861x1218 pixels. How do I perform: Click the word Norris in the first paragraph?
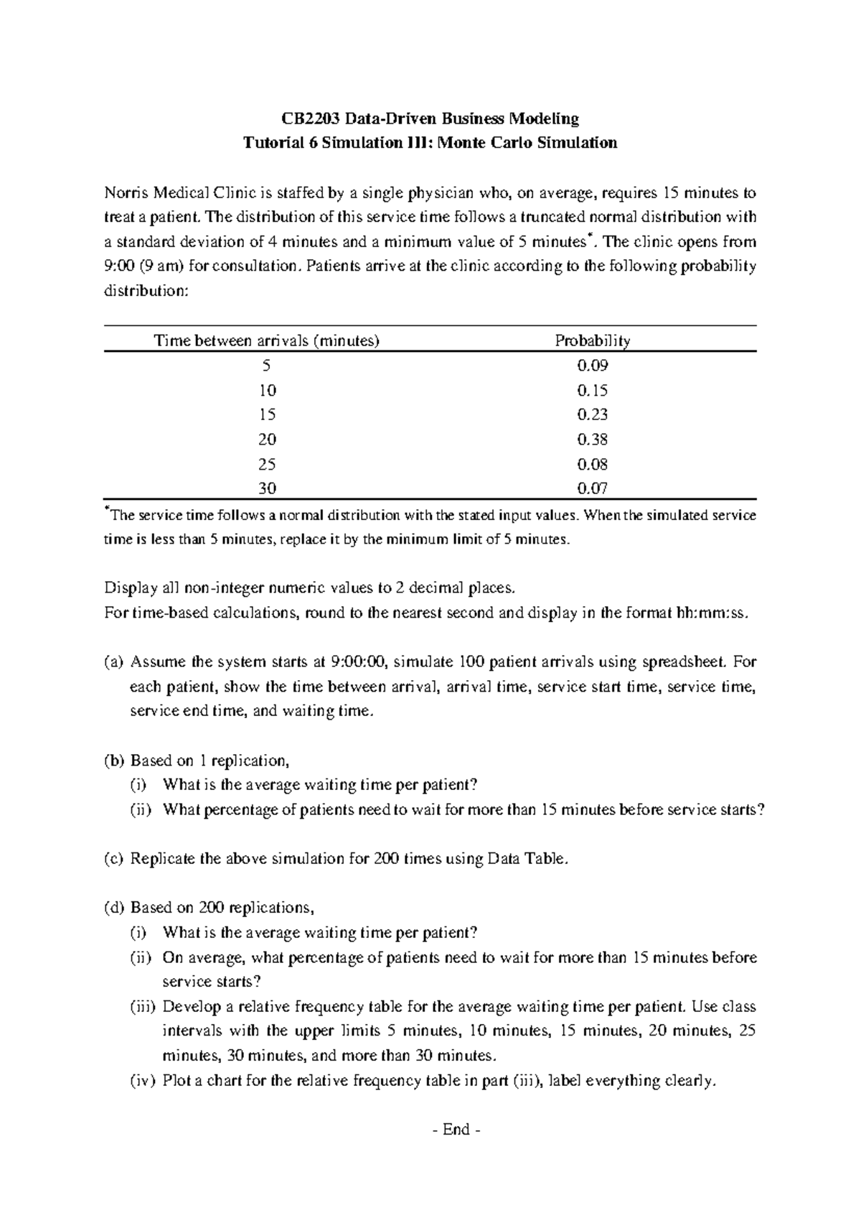(128, 193)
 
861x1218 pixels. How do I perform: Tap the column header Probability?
(592, 340)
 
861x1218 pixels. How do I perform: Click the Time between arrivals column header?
(266, 340)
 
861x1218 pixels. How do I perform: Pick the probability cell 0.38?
(592, 440)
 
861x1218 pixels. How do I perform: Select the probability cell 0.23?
(592, 414)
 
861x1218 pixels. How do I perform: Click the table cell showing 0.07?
(592, 489)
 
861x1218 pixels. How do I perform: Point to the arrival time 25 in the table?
(267, 464)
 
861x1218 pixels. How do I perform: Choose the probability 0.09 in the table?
(592, 366)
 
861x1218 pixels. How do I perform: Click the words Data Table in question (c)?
(527, 859)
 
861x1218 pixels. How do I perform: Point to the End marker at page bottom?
(456, 1130)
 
